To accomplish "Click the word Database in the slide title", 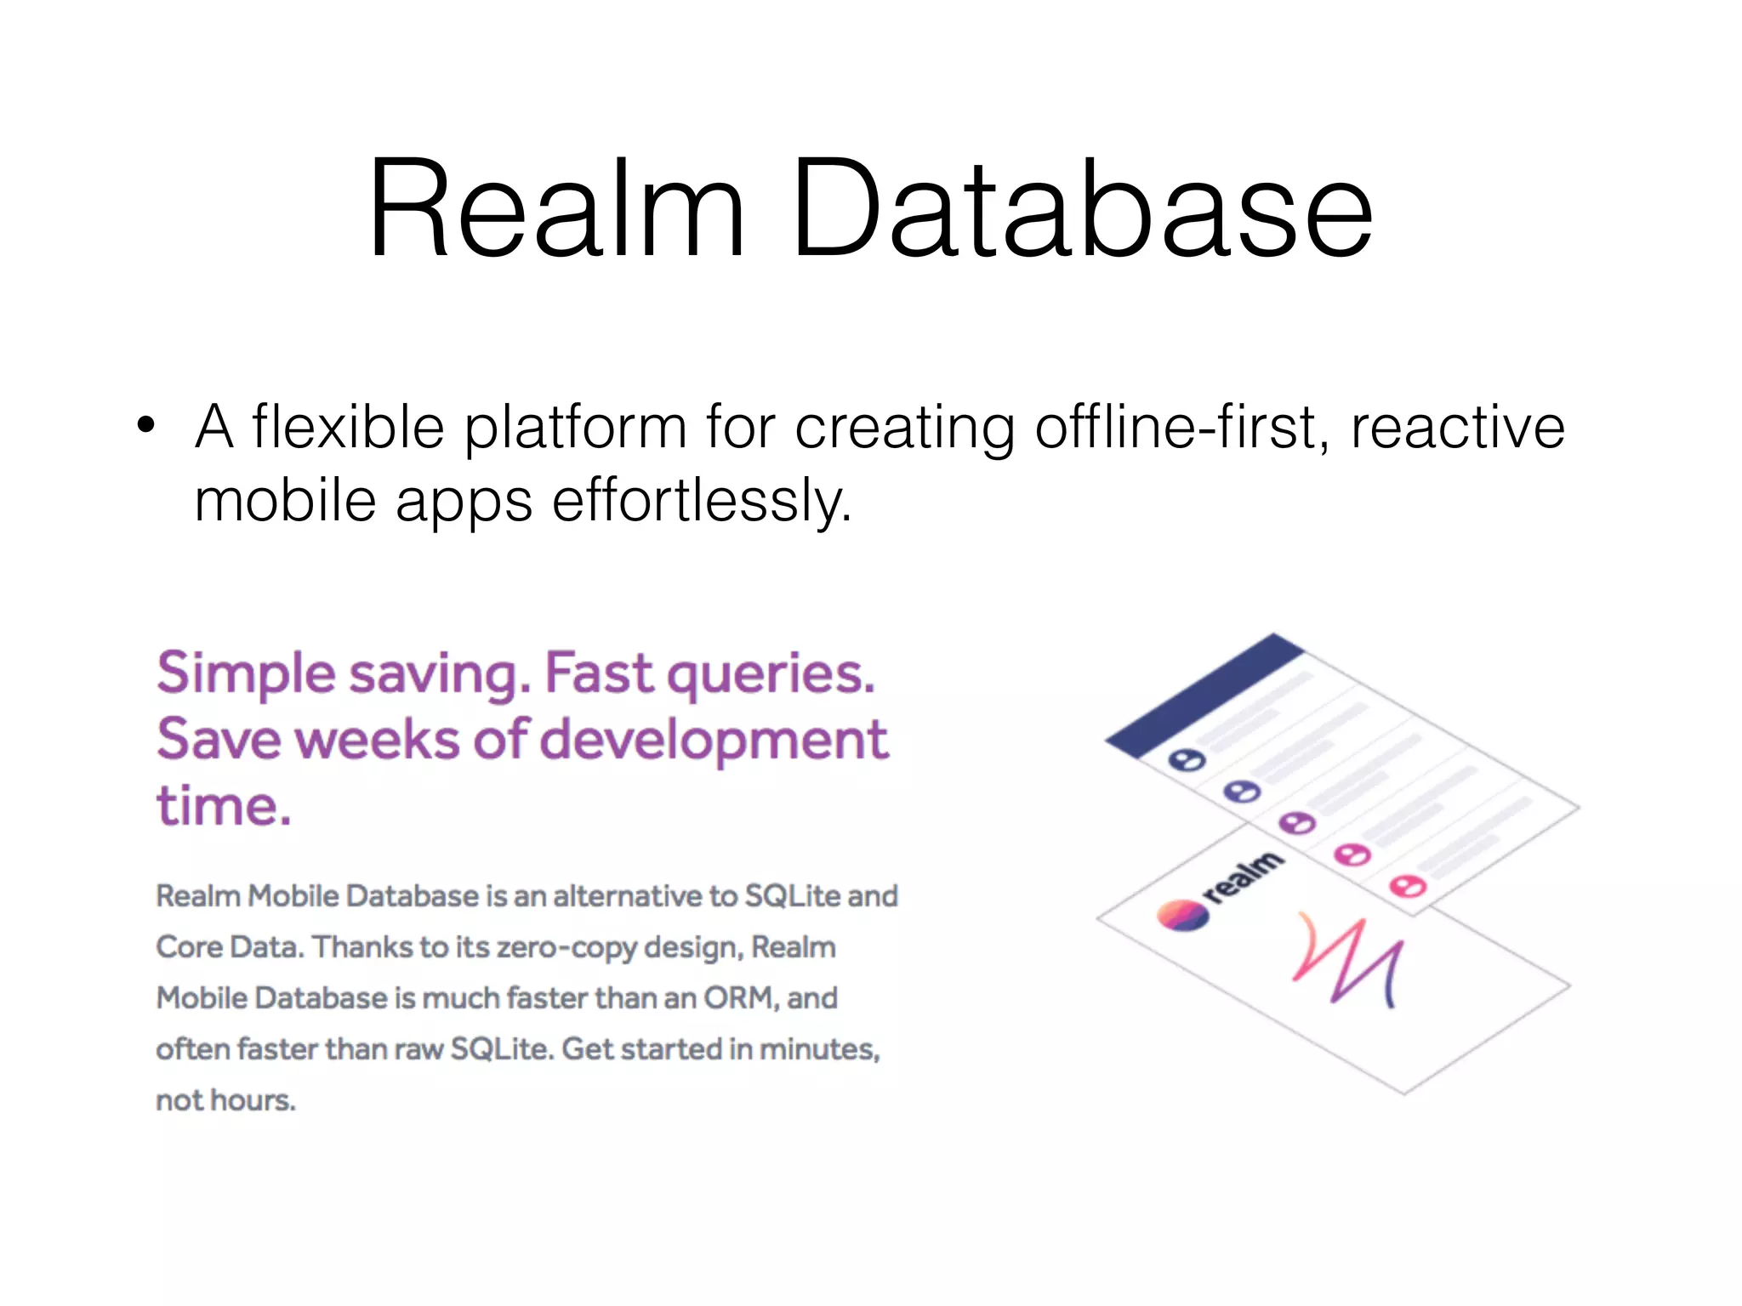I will click(1082, 208).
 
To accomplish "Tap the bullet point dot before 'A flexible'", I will click(146, 425).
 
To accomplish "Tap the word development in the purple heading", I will click(714, 740).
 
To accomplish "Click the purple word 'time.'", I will click(224, 805).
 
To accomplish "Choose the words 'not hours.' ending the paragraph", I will click(225, 1100).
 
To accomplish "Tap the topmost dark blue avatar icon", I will click(1187, 759).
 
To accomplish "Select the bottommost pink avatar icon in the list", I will click(1407, 887).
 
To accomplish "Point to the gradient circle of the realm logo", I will click(1182, 916).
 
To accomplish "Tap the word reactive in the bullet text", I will click(1457, 427).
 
